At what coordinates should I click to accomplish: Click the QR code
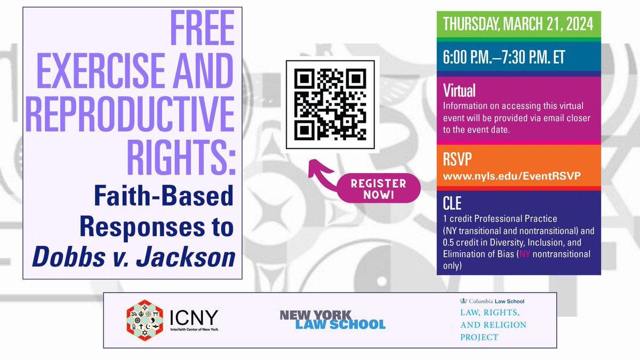[329, 105]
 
